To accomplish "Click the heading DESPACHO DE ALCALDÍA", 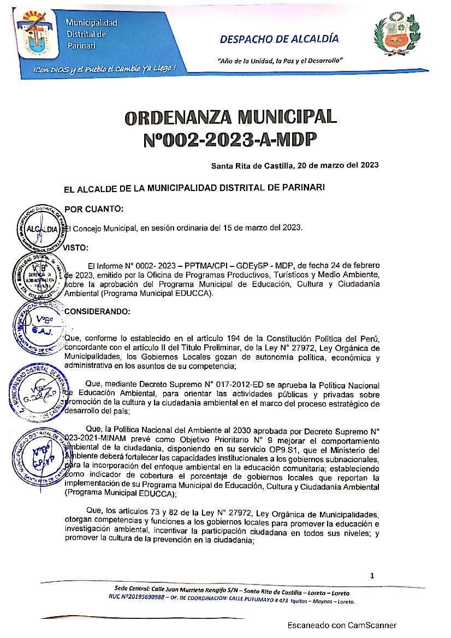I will [279, 39].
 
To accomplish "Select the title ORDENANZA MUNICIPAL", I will [230, 117].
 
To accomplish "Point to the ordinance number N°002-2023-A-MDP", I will [230, 140].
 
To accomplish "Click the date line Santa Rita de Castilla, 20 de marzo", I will [295, 165].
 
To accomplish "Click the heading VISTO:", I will [76, 247].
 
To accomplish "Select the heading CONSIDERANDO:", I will [98, 312].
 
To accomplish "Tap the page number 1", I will [372, 575].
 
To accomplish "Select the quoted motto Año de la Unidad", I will [280, 60].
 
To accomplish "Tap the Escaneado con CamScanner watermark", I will [342, 625].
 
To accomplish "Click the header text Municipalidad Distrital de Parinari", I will [91, 34].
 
